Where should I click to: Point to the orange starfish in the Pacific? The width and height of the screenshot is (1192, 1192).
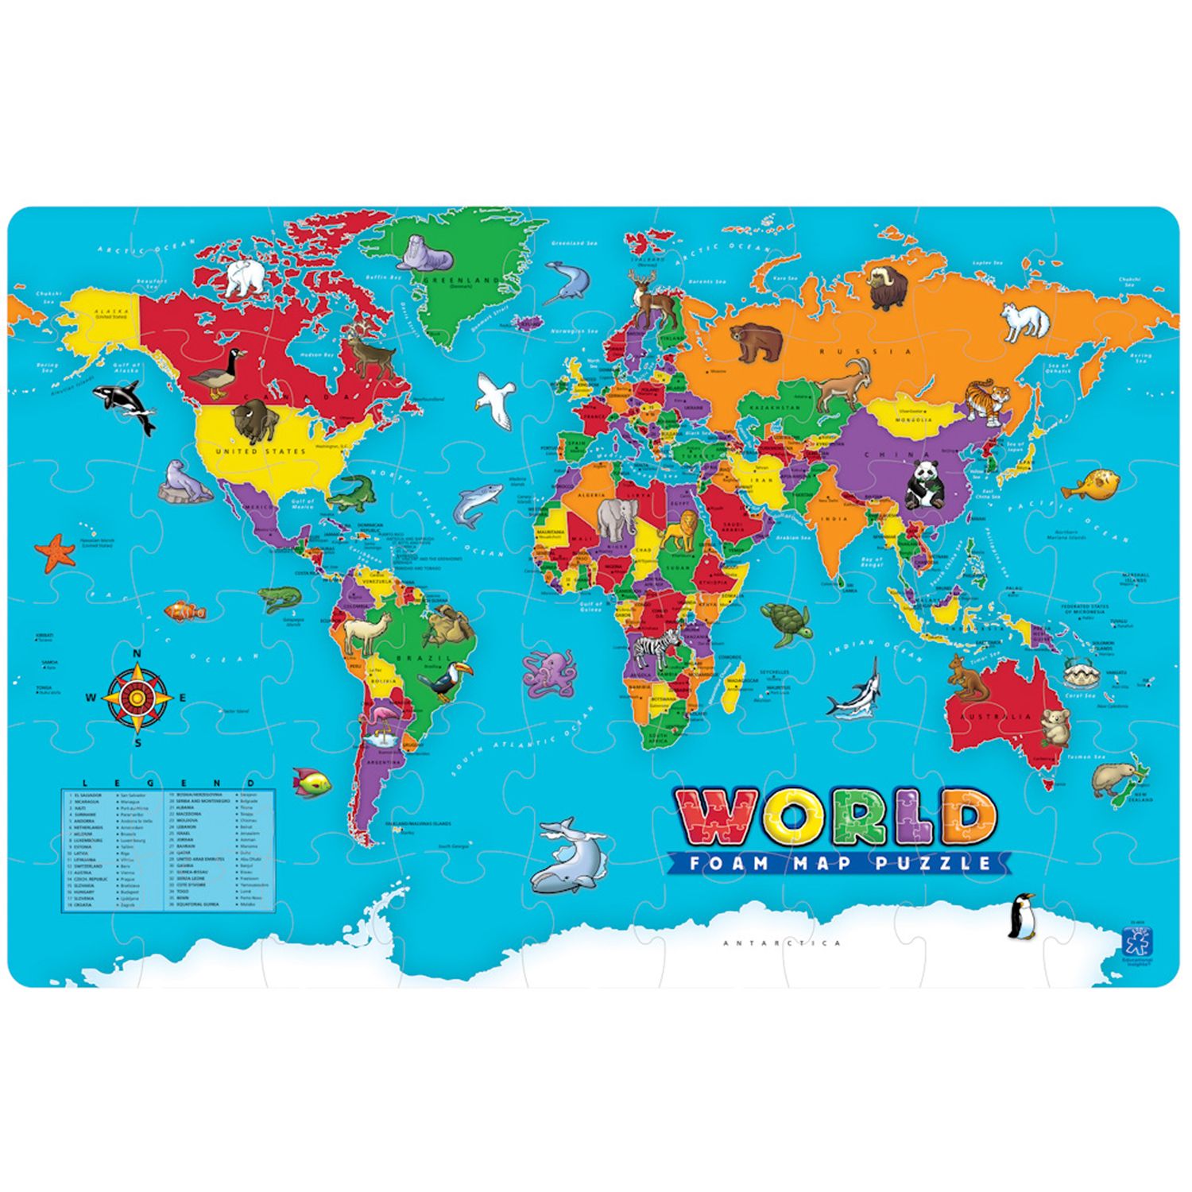tap(55, 552)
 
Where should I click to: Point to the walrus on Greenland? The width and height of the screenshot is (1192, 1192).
tap(425, 253)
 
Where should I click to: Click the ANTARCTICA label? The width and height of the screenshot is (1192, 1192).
tap(782, 943)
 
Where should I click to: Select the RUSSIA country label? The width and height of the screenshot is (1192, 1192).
tap(866, 350)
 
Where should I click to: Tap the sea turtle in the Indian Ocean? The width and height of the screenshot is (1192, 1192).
tap(786, 622)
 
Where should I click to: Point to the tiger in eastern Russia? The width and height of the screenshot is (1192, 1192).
tap(987, 399)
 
